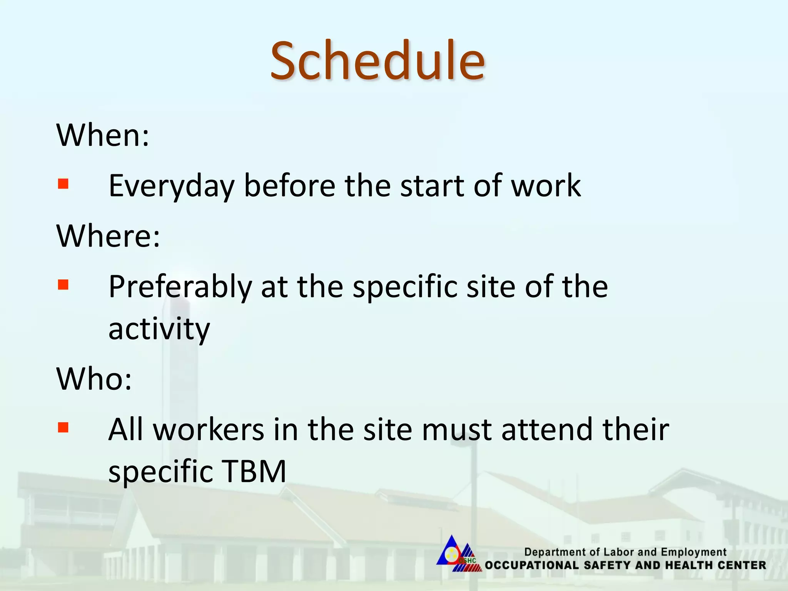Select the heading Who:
pyautogui.click(x=94, y=379)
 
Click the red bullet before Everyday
pyautogui.click(x=63, y=184)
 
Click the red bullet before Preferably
pyautogui.click(x=63, y=284)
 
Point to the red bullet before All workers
pyautogui.click(x=63, y=427)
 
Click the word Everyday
pyautogui.click(x=172, y=187)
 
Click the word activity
pyautogui.click(x=159, y=330)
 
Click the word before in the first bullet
pyautogui.click(x=290, y=186)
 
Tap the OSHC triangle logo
pyautogui.click(x=458, y=554)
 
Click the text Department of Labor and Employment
pyautogui.click(x=625, y=552)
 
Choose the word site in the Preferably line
pyautogui.click(x=491, y=287)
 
